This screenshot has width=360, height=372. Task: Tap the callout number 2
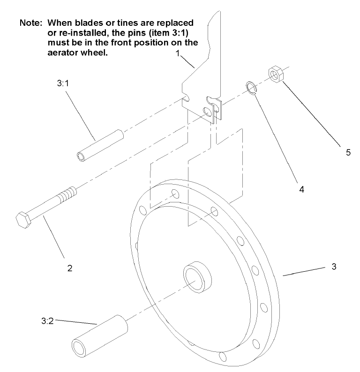[x=69, y=268]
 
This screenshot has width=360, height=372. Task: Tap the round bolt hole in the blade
[x=206, y=112]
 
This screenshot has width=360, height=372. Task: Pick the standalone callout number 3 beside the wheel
[x=334, y=267]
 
